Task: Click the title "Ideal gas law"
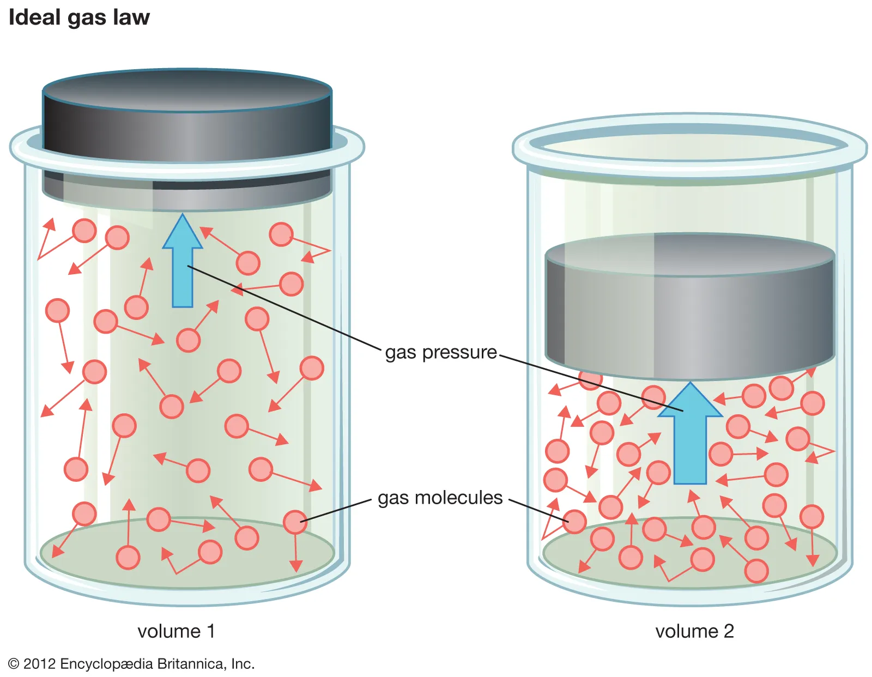79,17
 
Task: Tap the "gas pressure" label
440,352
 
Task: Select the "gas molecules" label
440,498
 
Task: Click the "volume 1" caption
176,631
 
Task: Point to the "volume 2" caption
694,631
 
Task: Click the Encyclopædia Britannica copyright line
131,663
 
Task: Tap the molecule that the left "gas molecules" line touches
295,522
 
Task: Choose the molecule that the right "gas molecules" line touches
574,522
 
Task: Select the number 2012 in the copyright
39,664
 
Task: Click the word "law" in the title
131,17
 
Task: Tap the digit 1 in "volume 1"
211,631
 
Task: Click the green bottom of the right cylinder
690,572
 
